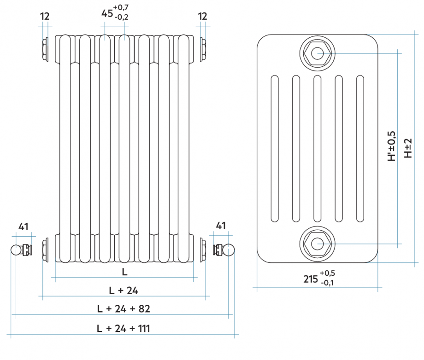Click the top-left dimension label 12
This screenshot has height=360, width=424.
click(x=45, y=16)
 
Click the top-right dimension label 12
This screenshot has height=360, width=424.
click(x=202, y=16)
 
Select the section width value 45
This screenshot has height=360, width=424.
click(x=107, y=13)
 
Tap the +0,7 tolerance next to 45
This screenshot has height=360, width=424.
click(x=121, y=7)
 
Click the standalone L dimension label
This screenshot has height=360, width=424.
click(x=124, y=272)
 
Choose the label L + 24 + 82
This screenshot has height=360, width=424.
click(x=124, y=308)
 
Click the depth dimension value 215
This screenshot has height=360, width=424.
click(x=311, y=279)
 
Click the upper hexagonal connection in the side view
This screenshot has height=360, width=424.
click(x=317, y=53)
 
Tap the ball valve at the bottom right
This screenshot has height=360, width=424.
click(x=229, y=250)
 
